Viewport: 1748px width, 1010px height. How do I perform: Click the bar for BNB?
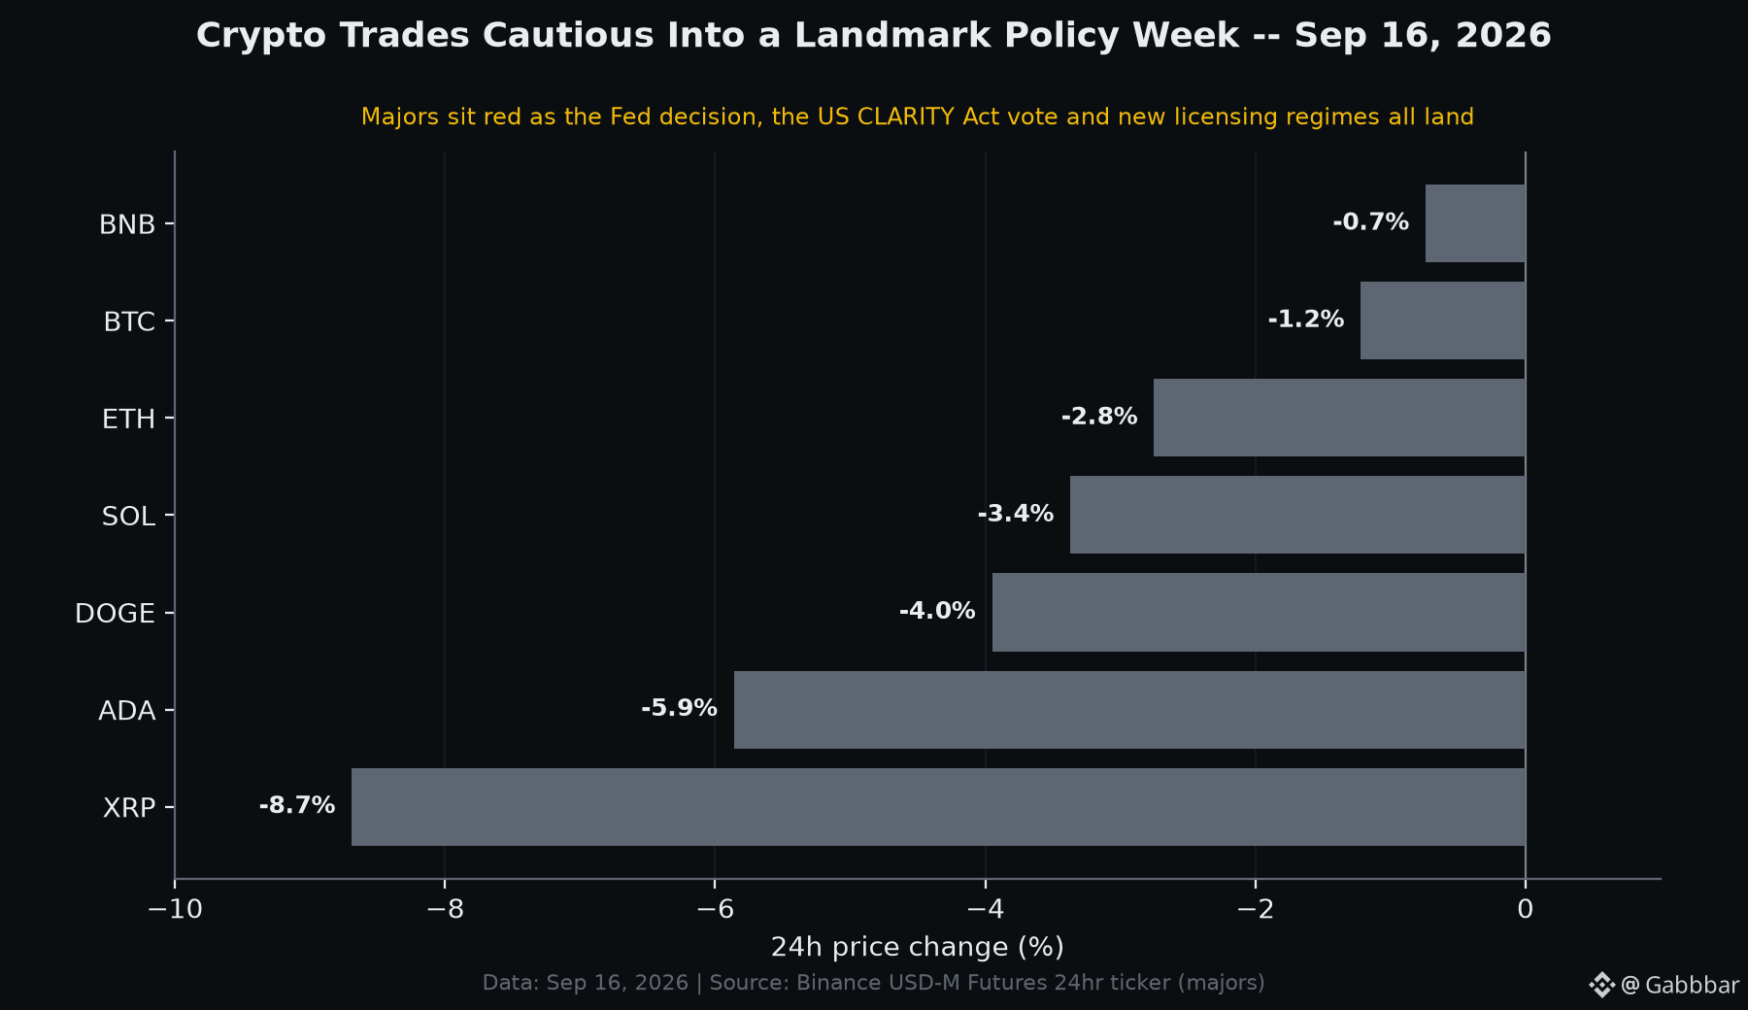point(1475,223)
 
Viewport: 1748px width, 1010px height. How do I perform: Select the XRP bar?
point(938,807)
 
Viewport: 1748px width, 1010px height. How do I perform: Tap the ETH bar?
point(1339,418)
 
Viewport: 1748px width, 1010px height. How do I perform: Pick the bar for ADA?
point(1129,710)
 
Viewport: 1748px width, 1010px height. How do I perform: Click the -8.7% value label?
point(297,805)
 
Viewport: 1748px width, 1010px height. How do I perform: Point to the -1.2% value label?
point(1306,320)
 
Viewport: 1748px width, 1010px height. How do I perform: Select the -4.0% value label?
point(937,611)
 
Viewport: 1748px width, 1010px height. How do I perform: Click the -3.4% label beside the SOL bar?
point(1016,514)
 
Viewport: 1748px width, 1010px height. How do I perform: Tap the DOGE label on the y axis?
point(115,614)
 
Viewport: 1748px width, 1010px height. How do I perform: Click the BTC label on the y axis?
point(129,321)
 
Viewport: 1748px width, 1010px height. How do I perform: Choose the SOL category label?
point(128,517)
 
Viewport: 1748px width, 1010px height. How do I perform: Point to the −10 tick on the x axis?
point(175,909)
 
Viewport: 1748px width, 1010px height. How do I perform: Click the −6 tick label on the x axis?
point(715,909)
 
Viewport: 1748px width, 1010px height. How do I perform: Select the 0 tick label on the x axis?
point(1526,909)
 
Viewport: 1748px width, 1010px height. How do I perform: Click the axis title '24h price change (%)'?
point(918,947)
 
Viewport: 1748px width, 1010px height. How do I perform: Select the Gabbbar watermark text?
point(1692,986)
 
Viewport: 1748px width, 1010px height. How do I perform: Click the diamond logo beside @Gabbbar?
point(1601,985)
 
